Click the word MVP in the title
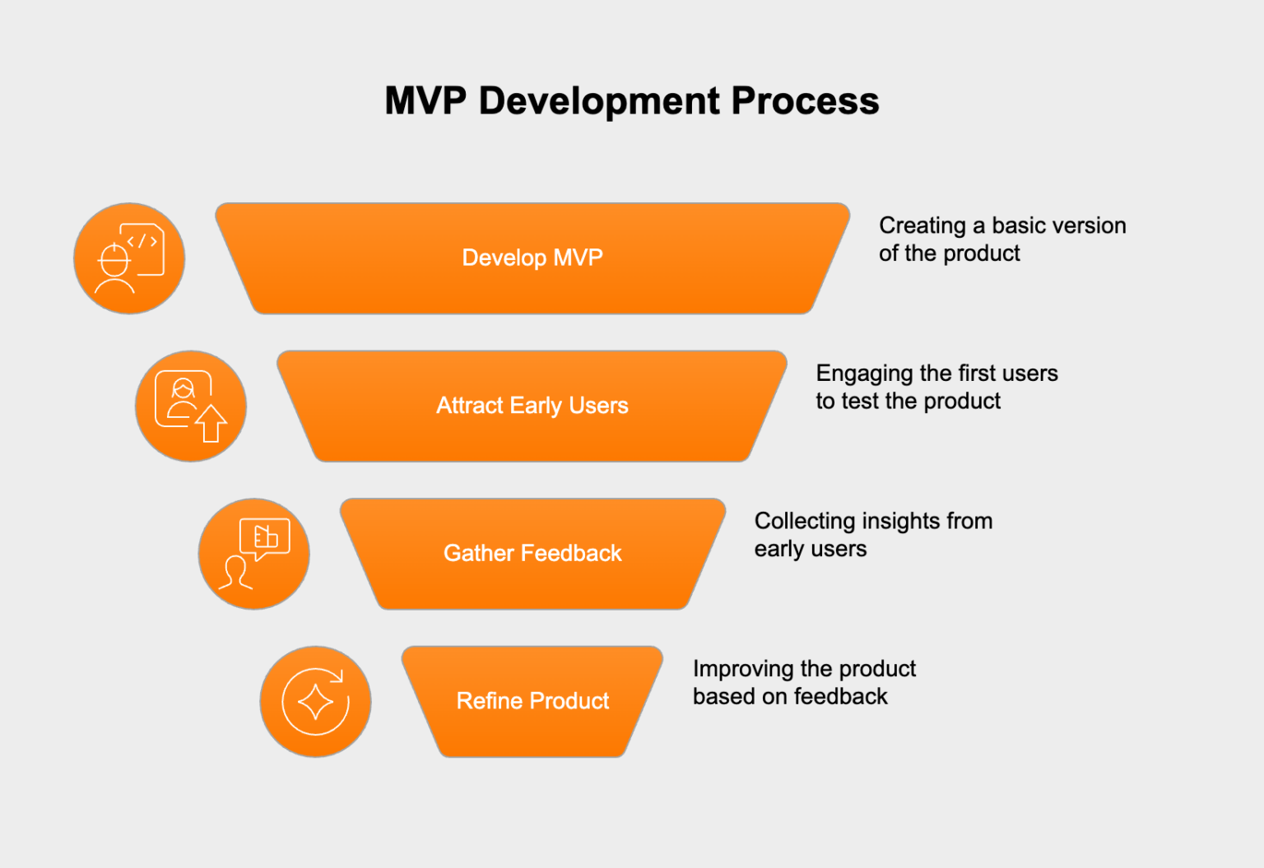coord(425,101)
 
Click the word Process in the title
coord(805,101)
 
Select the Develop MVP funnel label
coord(532,258)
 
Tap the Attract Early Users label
coord(532,406)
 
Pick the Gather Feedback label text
coord(532,553)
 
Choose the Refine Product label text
coord(532,701)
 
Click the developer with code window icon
coord(129,258)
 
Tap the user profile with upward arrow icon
coord(191,406)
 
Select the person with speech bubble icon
coord(254,554)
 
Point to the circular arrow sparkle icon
coord(315,702)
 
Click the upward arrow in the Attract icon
coord(211,423)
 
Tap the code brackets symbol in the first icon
coord(142,241)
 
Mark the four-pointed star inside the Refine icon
coord(315,703)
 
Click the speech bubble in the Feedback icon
coord(264,538)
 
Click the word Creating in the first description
coord(922,225)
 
